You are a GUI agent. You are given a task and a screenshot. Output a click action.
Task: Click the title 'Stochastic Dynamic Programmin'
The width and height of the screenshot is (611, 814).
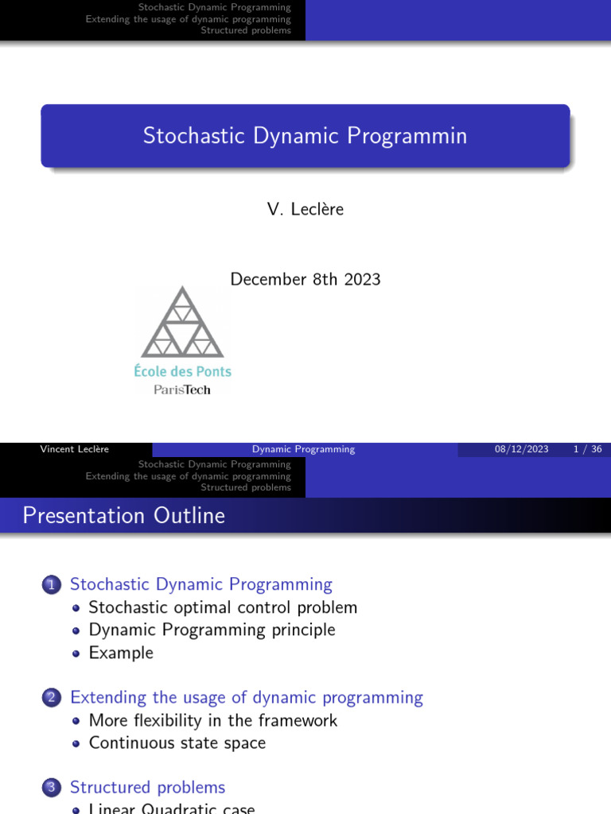point(305,136)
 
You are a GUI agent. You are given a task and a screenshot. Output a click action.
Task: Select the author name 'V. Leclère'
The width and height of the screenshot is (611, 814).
point(305,209)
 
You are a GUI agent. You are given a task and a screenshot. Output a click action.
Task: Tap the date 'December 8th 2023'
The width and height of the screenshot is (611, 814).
point(305,280)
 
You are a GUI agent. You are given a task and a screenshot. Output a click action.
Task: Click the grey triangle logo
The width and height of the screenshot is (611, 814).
point(182,324)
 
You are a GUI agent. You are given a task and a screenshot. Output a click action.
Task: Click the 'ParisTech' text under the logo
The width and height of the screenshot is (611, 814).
point(182,390)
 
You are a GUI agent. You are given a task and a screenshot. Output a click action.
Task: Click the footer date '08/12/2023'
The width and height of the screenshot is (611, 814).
point(521,449)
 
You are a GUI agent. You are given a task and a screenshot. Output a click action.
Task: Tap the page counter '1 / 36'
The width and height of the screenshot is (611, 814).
point(587,449)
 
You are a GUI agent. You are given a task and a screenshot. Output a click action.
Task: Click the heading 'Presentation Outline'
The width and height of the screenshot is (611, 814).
point(123,516)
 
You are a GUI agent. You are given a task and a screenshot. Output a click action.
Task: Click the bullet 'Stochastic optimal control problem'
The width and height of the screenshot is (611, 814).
point(223,607)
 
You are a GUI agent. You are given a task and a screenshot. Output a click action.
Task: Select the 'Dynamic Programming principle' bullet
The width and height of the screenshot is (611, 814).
point(212,630)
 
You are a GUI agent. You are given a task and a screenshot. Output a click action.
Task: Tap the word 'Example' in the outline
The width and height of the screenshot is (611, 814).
point(121,653)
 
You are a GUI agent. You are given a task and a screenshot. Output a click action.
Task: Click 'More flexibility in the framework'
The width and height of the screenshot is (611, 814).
point(212,720)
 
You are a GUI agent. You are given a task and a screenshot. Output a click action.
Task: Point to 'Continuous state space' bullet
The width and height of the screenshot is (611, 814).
point(177,742)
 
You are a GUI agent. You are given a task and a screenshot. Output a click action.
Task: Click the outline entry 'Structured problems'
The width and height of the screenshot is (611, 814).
point(147,787)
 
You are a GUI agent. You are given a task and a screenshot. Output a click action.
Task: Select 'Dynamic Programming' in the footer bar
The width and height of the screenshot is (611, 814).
point(303,449)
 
